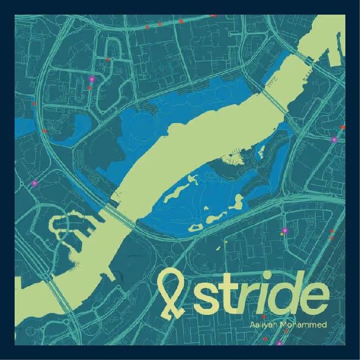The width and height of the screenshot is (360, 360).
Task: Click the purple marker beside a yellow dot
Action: (x=284, y=230)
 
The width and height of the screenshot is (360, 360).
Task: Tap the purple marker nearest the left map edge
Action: (x=35, y=183)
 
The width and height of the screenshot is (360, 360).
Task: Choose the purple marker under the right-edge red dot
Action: (x=334, y=139)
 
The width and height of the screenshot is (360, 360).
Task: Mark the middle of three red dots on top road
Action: (x=160, y=24)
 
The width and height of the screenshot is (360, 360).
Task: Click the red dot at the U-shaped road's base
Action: (x=108, y=60)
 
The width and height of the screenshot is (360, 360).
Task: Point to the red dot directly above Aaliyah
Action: (x=263, y=317)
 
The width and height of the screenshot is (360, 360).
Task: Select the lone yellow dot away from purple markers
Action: (x=225, y=242)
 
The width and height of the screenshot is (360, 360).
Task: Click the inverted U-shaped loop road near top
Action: (x=115, y=46)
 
